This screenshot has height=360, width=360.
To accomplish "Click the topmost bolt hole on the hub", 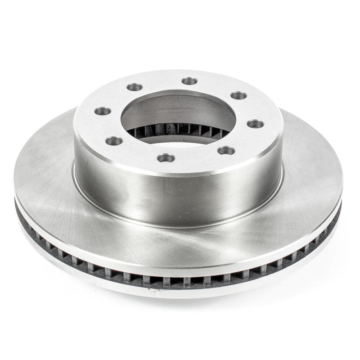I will (x=189, y=81).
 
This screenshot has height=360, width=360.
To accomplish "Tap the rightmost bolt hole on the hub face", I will (x=255, y=124).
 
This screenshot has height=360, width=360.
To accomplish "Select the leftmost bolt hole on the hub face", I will (x=103, y=111).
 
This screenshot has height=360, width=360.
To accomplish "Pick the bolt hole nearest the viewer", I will (x=166, y=158).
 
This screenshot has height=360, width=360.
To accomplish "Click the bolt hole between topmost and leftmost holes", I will (x=135, y=87).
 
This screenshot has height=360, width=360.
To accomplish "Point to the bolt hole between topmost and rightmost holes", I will (x=238, y=95).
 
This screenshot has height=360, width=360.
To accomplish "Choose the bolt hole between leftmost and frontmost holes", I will (x=114, y=141).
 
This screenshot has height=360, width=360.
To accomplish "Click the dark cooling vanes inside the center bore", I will (x=180, y=130).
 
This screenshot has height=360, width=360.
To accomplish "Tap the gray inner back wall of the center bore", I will (x=180, y=110).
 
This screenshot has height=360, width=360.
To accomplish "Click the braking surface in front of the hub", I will (x=180, y=243).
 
